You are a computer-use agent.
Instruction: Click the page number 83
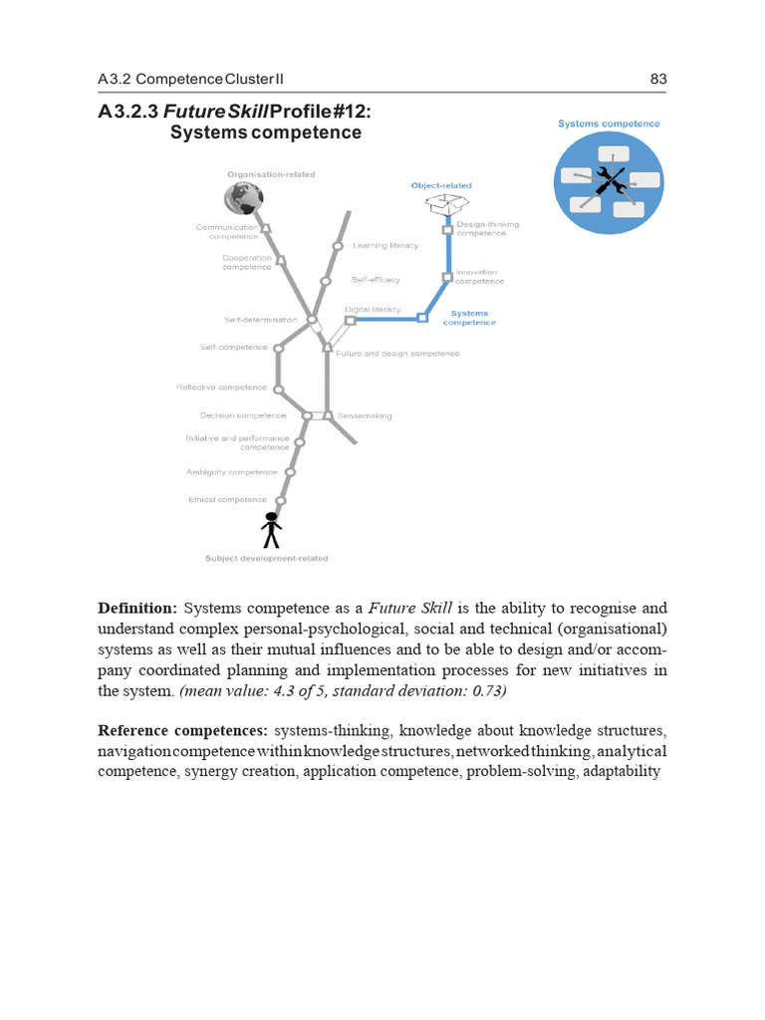coord(657,79)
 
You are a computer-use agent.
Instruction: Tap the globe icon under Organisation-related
coord(243,197)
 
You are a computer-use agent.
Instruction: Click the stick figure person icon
coord(270,529)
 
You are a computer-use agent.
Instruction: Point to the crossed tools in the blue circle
coord(609,181)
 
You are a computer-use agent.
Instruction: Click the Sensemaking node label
coord(365,415)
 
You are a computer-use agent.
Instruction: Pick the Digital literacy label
coord(373,310)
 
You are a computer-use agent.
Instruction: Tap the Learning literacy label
coord(385,245)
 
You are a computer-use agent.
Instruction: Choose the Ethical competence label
coord(227,499)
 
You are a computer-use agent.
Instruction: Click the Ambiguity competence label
coord(231,472)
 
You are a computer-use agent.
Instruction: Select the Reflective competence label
coord(221,386)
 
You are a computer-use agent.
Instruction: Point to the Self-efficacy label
coord(376,280)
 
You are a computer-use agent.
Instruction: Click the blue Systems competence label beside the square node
coord(469,318)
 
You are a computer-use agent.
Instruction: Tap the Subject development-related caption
coord(266,558)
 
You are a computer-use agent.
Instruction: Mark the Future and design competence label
coord(397,354)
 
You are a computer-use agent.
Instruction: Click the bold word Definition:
coord(136,608)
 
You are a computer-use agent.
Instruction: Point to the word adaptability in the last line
coord(622,772)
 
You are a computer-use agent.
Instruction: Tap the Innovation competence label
coord(480,277)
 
